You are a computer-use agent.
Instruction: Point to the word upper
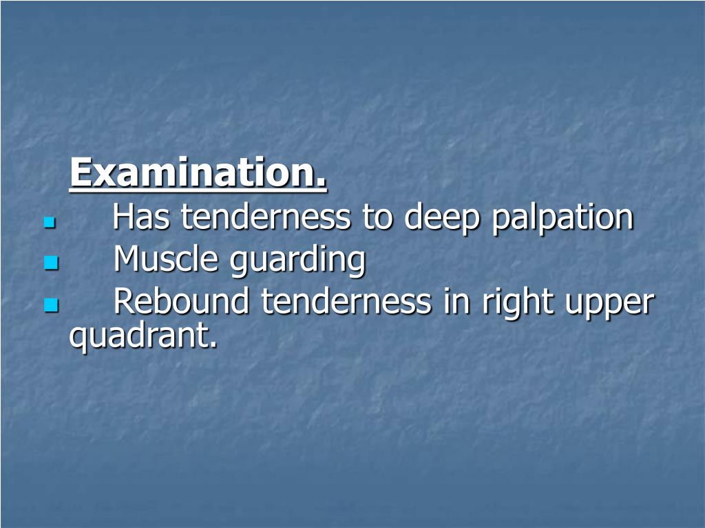tap(609, 304)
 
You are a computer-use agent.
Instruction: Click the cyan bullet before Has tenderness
tap(48, 223)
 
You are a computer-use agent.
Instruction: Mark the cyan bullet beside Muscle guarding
tap(50, 263)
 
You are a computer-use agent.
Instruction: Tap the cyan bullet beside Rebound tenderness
tap(50, 305)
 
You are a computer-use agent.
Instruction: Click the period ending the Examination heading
tap(322, 184)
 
